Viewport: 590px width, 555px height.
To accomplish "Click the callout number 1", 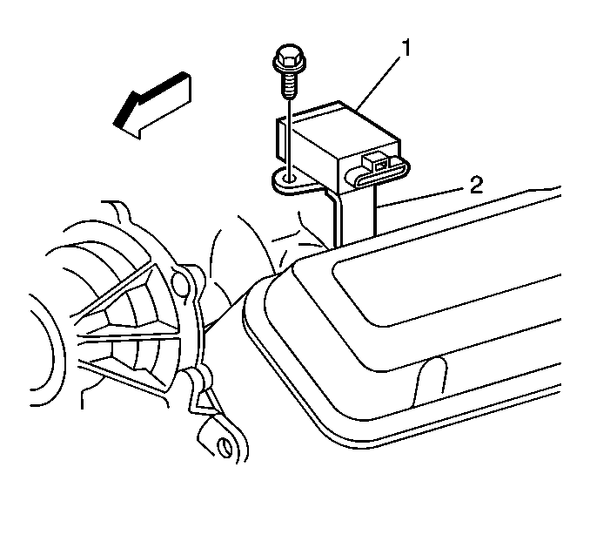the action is click(406, 48).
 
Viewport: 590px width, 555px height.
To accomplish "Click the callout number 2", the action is click(476, 186).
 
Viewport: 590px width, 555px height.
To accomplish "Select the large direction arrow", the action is click(152, 105).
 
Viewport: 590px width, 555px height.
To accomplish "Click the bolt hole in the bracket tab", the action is click(290, 177).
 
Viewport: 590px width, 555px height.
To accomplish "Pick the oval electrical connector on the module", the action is click(379, 173).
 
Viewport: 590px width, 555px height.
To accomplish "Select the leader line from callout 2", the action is click(420, 197).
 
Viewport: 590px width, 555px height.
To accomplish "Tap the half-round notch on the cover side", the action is click(431, 381).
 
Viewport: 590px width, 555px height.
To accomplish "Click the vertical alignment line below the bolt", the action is click(289, 136).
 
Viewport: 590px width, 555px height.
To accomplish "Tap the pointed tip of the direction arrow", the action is click(114, 123).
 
